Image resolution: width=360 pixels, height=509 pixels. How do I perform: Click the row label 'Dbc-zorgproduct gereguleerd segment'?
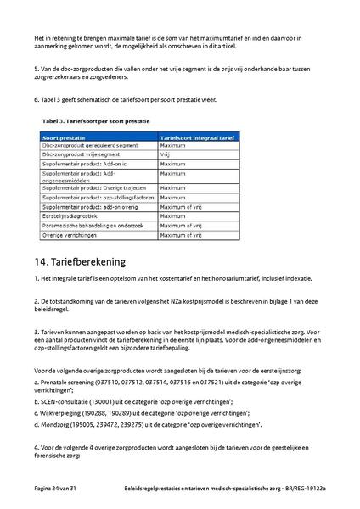(83, 146)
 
